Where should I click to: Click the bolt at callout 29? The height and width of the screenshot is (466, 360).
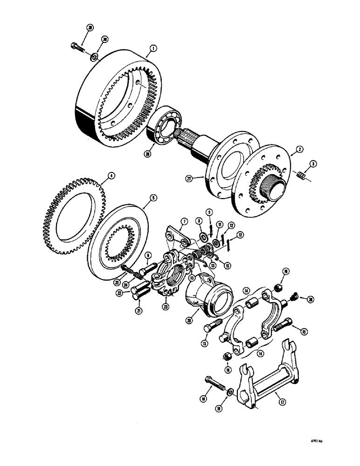[x=77, y=46]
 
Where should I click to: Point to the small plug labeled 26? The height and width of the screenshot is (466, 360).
[x=294, y=295]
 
